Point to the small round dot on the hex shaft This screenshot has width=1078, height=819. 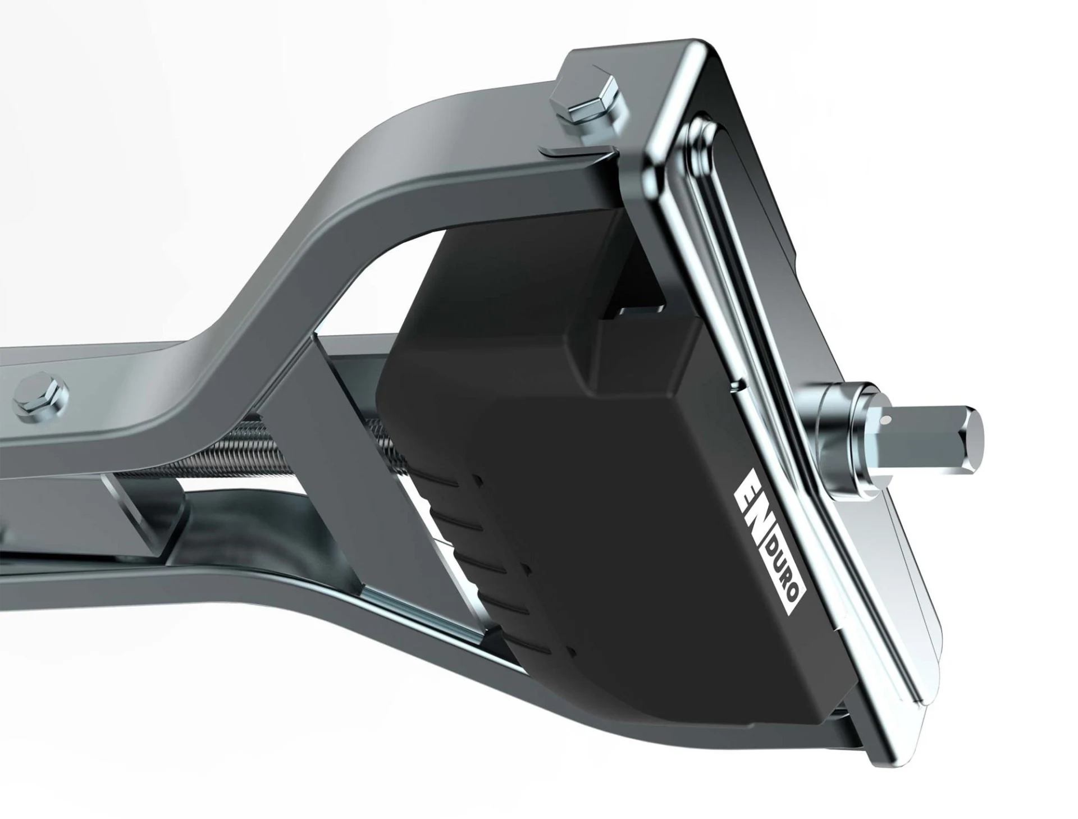pyautogui.click(x=885, y=419)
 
